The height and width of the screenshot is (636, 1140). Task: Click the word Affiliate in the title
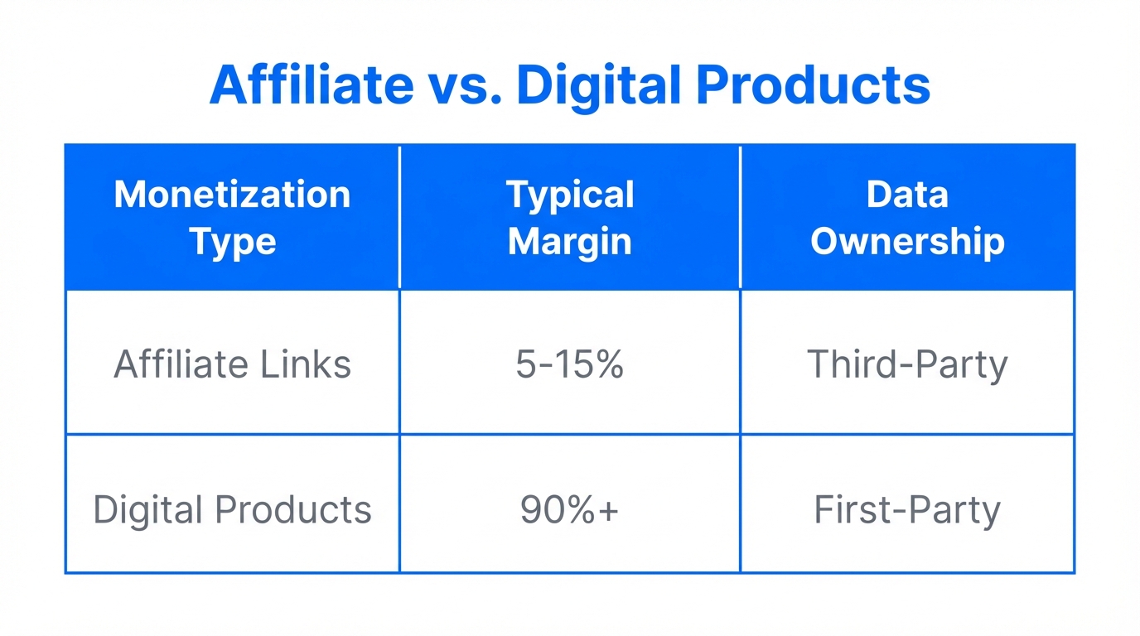[311, 84]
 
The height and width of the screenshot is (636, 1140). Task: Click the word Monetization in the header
[232, 195]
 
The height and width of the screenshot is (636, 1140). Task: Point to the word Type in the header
[232, 243]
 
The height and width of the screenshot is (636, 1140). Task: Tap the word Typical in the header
[570, 195]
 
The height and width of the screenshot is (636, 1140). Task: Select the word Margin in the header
[570, 242]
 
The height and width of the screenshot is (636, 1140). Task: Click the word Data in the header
[907, 195]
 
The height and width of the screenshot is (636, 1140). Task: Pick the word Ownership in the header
[907, 242]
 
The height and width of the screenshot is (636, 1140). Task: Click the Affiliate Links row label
[232, 364]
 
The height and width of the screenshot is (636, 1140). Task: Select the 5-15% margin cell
[570, 364]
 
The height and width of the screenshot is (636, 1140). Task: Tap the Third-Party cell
[907, 364]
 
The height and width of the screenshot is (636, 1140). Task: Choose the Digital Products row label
[232, 509]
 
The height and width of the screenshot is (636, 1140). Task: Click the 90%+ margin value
[570, 509]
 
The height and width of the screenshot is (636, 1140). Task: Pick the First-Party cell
[907, 509]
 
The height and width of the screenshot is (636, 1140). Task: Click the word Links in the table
[316, 364]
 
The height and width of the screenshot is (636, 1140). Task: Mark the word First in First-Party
[849, 509]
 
